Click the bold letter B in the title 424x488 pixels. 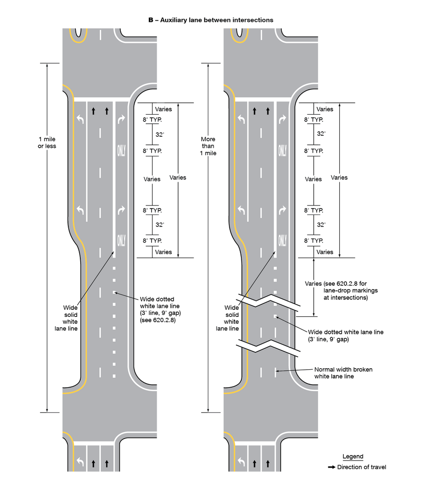(150, 20)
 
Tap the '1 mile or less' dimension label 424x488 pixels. (47, 143)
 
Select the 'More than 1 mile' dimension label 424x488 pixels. (209, 146)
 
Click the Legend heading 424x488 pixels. (353, 457)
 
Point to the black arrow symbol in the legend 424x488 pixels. (331, 467)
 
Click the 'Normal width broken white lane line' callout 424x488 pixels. (343, 373)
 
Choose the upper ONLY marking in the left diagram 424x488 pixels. (121, 151)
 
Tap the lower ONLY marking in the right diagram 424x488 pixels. (282, 241)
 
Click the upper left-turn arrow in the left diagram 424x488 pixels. (81, 120)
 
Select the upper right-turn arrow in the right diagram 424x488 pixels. (282, 120)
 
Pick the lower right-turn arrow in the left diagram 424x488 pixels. (121, 210)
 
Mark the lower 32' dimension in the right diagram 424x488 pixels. (321, 225)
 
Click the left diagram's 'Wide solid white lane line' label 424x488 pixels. (70, 318)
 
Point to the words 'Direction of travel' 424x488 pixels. (361, 467)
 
